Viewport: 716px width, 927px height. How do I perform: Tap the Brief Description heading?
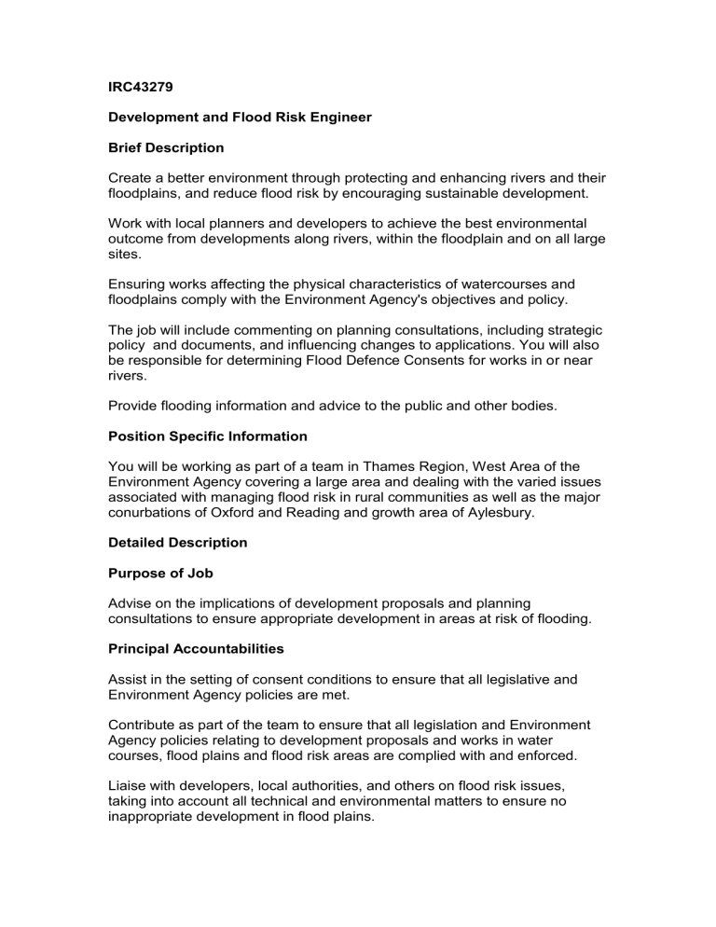click(166, 147)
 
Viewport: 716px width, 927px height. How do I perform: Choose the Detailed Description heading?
click(175, 542)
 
